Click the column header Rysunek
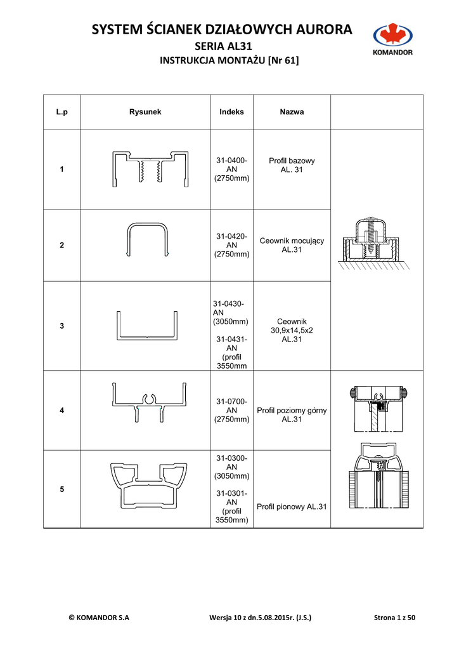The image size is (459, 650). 145,112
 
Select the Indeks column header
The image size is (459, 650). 231,112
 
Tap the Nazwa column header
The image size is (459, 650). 292,112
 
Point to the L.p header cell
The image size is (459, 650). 61,112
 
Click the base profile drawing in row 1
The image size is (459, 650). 150,169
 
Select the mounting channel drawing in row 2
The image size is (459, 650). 148,239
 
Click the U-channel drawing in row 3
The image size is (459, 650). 146,325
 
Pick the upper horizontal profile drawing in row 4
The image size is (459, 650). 150,402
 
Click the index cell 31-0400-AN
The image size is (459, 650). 231,169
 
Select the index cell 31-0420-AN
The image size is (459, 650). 231,245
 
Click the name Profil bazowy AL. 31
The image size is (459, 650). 292,165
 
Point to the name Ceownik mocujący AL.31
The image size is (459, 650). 292,245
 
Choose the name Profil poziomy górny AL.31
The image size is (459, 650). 292,415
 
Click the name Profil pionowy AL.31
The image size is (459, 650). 292,507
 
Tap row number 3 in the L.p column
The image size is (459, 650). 61,326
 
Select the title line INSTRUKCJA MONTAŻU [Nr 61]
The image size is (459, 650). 229,61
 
